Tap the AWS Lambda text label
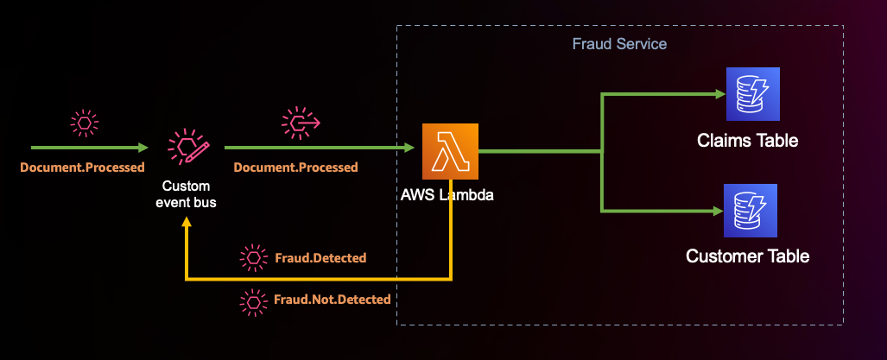coord(448,196)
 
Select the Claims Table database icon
coord(751,95)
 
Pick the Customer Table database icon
coord(751,211)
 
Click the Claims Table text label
coord(747,140)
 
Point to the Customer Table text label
coord(747,256)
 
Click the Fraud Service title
coord(619,43)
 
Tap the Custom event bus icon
coord(187,149)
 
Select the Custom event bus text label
coord(187,194)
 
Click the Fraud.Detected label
coord(320,257)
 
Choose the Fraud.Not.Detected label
coord(333,300)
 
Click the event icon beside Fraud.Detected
coord(252,257)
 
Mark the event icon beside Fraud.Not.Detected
coord(252,300)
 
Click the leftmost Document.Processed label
coord(83,167)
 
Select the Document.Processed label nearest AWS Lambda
coord(295,167)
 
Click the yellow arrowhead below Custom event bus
coord(187,224)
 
